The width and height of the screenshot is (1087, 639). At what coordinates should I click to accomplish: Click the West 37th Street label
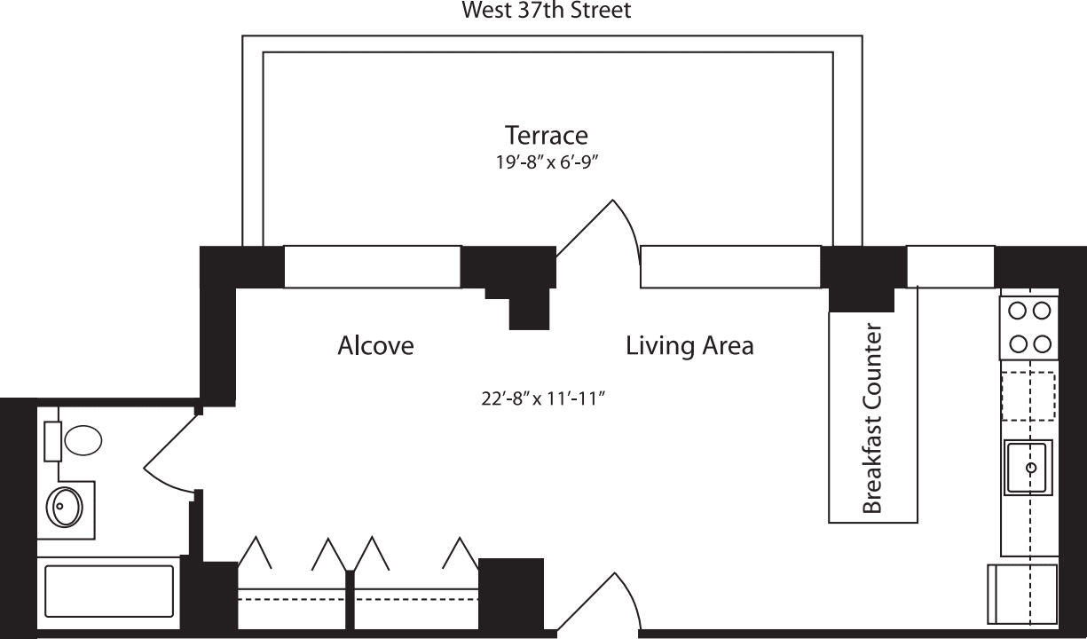[547, 11]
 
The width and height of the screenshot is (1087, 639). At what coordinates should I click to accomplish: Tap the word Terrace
[546, 136]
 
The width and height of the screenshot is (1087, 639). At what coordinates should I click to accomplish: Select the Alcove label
[375, 345]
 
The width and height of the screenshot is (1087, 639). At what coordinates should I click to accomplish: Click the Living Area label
[689, 345]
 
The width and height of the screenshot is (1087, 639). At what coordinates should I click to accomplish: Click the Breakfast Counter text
[872, 420]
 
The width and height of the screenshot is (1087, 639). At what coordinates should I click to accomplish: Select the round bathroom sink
[64, 507]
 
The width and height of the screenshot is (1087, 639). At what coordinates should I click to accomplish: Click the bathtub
[109, 591]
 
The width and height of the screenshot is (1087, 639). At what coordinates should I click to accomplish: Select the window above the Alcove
[372, 267]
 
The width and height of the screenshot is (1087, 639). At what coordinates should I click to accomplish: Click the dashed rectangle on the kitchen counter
[1028, 396]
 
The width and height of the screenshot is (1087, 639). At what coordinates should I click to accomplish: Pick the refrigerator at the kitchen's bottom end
[1022, 592]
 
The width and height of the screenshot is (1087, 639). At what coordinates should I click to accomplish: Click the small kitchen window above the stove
[949, 267]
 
